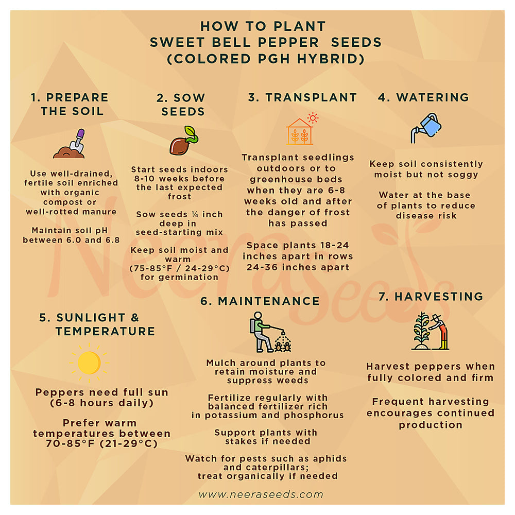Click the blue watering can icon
pos(426,128)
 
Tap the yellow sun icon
pos(89,363)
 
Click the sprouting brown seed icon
pos(184,141)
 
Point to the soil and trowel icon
pos(70,144)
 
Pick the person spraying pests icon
pos(270,332)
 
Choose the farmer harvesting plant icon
pos(430,331)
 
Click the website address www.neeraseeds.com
pos(261,494)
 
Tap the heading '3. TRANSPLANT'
pos(302,97)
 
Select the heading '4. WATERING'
pos(424,97)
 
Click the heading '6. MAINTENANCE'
pos(260,301)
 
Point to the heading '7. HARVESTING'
pos(431,297)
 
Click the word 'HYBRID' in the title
pos(331,59)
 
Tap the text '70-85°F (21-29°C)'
pos(102,444)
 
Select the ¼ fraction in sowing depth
pos(195,214)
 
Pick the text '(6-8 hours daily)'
pos(102,403)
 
